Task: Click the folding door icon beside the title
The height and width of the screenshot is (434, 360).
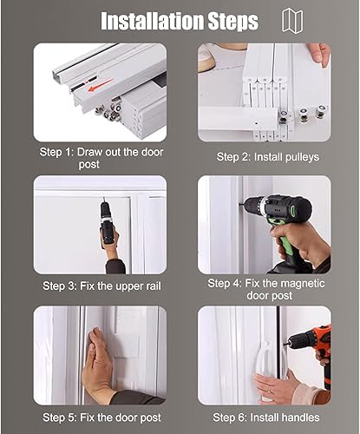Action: click(x=292, y=21)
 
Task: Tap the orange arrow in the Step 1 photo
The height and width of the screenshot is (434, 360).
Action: click(x=100, y=85)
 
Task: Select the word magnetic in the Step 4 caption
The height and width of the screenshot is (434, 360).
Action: click(x=303, y=284)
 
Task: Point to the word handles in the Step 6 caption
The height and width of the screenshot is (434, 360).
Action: click(x=300, y=418)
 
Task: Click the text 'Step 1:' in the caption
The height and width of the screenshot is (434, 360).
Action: click(x=56, y=152)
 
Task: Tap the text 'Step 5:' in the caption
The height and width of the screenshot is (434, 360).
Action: click(x=60, y=418)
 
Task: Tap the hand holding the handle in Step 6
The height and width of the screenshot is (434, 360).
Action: click(x=275, y=386)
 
